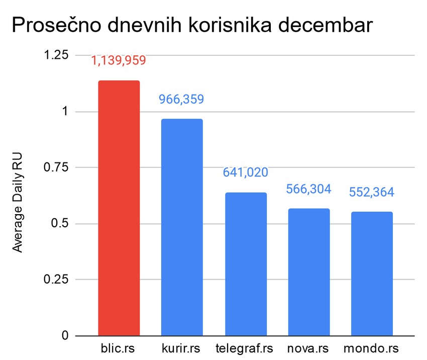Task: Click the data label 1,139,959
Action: point(119,61)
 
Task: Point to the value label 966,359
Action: point(181,99)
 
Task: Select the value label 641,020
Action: point(245,172)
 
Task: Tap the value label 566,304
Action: point(308,189)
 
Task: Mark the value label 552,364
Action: point(371,192)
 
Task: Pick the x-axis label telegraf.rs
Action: point(244,349)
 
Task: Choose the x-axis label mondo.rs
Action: point(371,349)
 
